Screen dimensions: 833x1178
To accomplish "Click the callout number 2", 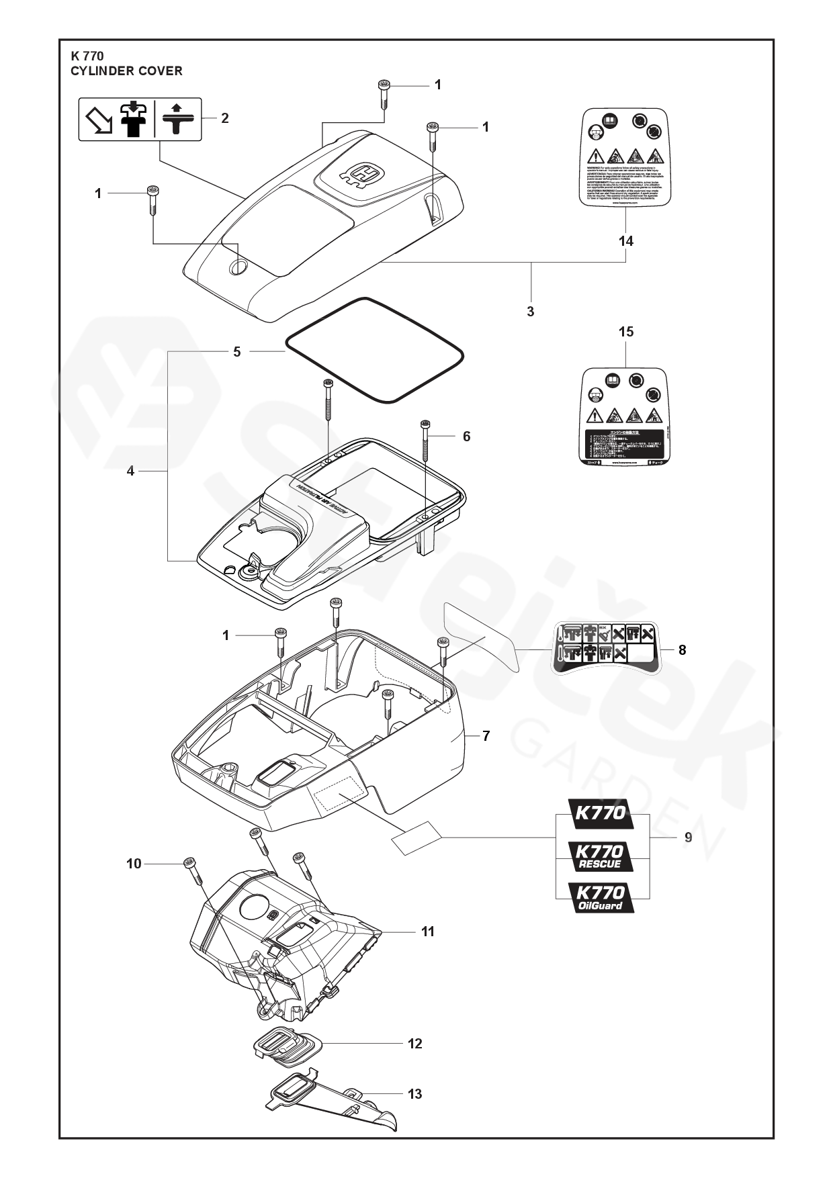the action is click(225, 118).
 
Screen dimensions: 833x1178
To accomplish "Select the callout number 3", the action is click(531, 312).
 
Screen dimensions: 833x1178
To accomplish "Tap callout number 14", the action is click(626, 241).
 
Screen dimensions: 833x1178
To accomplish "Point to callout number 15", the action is click(626, 332).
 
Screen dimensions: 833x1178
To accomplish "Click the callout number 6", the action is click(466, 437).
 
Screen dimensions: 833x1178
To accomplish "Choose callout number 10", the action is click(134, 864).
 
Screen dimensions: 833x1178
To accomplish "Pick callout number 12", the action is click(415, 1043).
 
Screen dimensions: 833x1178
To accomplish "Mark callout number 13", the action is click(415, 1094).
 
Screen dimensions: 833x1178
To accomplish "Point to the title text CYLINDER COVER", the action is click(126, 71).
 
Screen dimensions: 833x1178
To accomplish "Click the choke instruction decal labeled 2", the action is click(140, 119).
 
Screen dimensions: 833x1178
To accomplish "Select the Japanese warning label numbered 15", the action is click(625, 417).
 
